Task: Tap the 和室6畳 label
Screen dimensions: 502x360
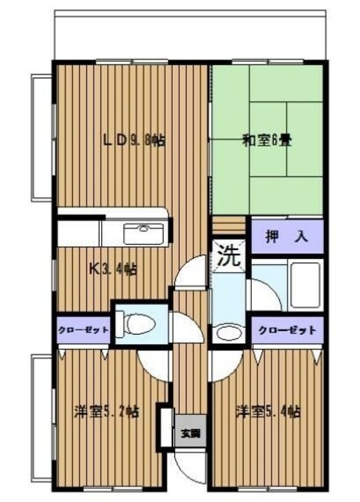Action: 266,141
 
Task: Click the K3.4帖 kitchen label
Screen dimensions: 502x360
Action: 115,269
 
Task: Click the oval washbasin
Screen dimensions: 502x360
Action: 228,332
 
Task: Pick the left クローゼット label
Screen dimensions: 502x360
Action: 82,330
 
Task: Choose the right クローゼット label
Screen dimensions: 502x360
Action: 287,330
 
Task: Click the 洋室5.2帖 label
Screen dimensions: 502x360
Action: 106,410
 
